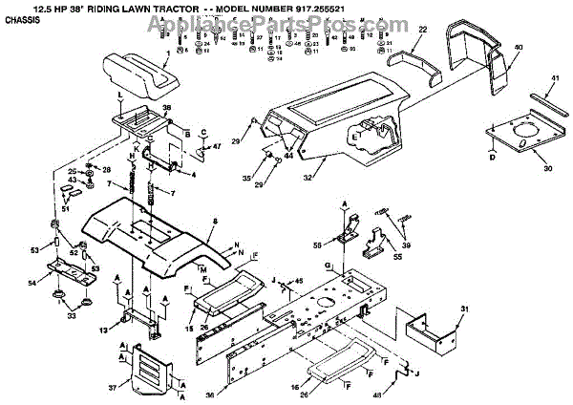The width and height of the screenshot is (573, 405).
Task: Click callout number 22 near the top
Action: pos(421,31)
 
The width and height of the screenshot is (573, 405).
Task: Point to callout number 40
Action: pos(519,47)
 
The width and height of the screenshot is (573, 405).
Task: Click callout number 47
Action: pos(217,146)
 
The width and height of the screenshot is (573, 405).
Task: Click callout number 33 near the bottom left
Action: pos(70,315)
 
